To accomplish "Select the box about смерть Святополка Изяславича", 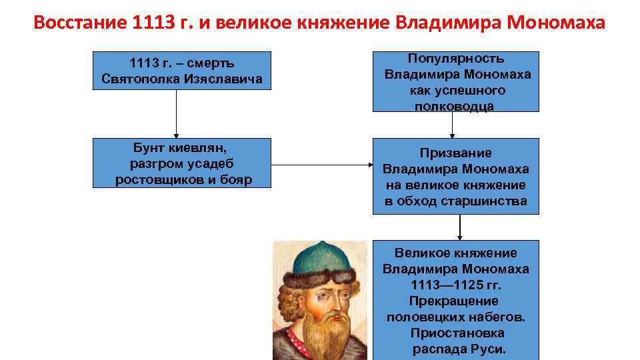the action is pos(182,71).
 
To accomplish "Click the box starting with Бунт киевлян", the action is pos(182,163).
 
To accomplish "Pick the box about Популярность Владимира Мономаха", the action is pos(456,81).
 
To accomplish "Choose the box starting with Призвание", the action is pos(456,176).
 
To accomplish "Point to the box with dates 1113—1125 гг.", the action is pos(456,300).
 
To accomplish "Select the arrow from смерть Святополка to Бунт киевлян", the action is pos(177,113).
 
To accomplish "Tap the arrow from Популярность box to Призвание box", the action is pos(453,125).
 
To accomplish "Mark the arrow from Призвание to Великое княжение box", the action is pos(459,227).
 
